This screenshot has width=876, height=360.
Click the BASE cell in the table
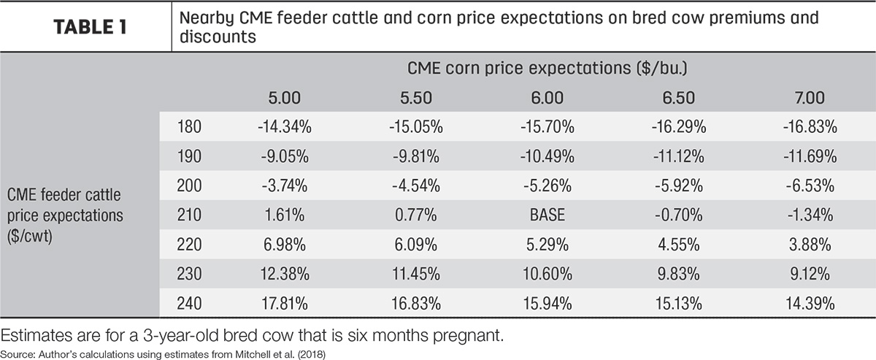tap(547, 215)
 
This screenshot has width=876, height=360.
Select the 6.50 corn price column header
tap(678, 98)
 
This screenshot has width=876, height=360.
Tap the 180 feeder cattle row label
tap(189, 127)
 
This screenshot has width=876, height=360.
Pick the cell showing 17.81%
tap(284, 304)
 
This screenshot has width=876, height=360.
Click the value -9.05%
tap(285, 156)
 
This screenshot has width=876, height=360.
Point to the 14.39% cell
tap(810, 304)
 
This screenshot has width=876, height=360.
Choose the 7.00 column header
tap(810, 98)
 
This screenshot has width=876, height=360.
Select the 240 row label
tap(189, 304)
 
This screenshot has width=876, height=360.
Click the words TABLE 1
tap(90, 27)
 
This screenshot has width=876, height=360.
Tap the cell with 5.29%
tap(547, 245)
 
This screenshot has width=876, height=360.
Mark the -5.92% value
tap(678, 185)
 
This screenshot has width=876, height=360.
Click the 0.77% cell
tap(415, 215)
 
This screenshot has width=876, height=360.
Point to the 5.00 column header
tap(284, 98)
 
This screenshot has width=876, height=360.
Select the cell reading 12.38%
tap(285, 274)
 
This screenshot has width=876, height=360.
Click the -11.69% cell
tap(810, 156)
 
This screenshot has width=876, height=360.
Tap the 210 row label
tap(189, 215)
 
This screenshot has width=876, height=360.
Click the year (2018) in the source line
tap(311, 354)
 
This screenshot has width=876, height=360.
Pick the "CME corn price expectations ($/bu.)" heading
tap(547, 68)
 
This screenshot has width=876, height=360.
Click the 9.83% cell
tap(678, 274)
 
